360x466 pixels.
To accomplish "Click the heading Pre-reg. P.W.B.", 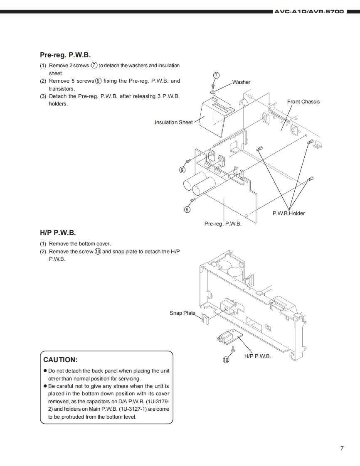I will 65,55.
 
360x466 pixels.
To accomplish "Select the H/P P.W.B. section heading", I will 58,233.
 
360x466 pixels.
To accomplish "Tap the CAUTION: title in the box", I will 60,360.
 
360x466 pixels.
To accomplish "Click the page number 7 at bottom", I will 342,448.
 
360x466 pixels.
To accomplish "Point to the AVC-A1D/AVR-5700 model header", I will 309,12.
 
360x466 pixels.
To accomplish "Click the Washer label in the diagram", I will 241,82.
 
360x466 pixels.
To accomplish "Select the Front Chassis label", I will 303,102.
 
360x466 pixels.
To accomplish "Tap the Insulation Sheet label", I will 174,123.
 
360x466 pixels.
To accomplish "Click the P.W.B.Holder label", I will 288,213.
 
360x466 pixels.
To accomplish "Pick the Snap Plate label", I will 182,313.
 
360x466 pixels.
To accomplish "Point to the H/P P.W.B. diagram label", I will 258,356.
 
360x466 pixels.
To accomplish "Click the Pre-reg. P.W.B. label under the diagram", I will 223,224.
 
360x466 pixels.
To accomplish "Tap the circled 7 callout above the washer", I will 216,75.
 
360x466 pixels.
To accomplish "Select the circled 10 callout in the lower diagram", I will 226,360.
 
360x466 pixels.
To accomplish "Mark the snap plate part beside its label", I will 205,318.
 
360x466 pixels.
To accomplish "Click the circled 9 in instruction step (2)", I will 98,81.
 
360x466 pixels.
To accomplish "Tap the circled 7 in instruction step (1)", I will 94,65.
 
